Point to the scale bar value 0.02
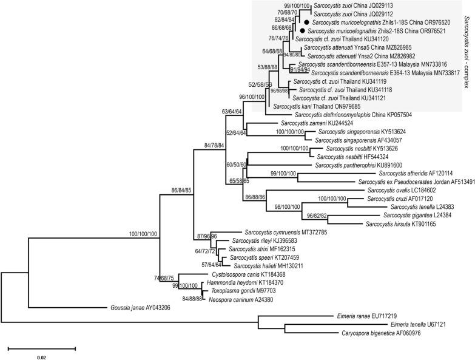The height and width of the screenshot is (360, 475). coord(41,358)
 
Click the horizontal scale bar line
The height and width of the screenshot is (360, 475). coord(41,349)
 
